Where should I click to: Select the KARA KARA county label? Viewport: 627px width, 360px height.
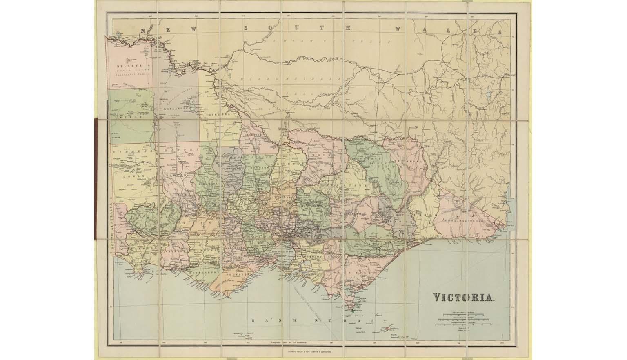(x=208, y=184)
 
